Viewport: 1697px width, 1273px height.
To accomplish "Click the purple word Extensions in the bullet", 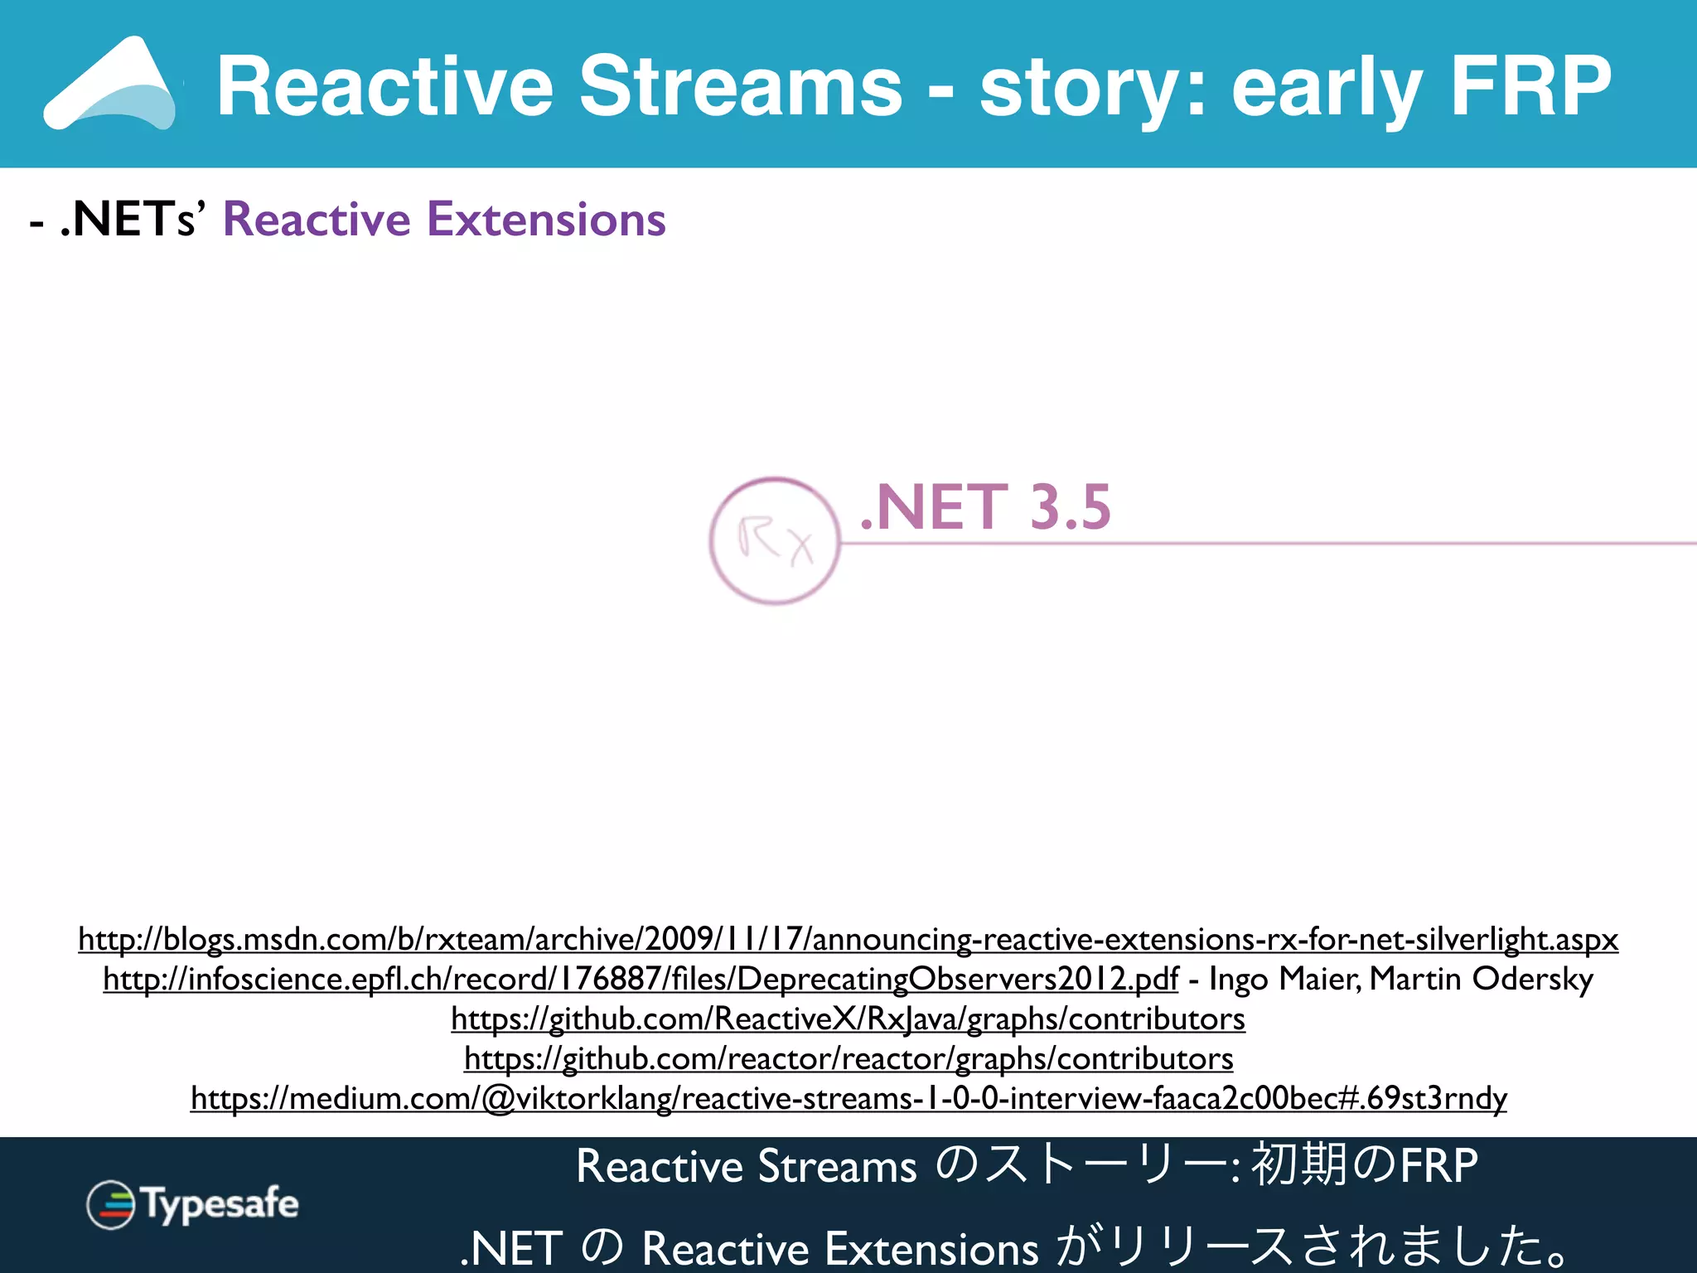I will coord(546,220).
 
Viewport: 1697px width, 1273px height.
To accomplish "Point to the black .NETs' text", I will coord(129,220).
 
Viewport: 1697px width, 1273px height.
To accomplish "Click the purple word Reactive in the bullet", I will coord(317,220).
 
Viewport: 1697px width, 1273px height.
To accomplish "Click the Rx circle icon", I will coord(775,541).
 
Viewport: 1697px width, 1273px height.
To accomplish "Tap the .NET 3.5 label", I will coord(985,507).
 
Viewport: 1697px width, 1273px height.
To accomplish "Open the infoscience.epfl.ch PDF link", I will coord(640,979).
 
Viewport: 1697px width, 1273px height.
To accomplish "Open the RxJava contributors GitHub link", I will coord(848,1019).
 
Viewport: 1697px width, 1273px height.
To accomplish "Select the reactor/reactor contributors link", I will coord(848,1058).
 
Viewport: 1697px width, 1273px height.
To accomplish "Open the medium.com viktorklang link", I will coord(848,1098).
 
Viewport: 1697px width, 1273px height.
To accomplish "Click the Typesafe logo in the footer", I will coord(192,1204).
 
